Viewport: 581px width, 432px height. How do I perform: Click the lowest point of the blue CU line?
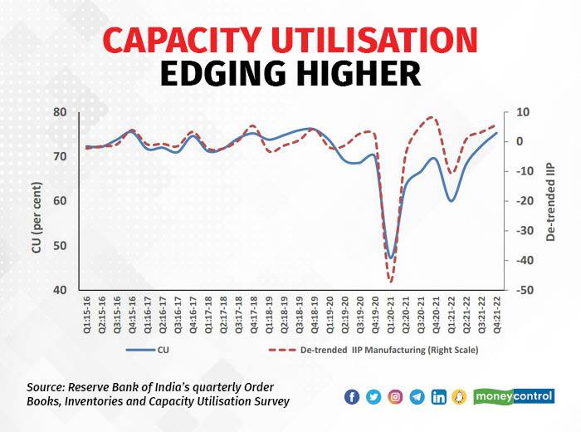[390, 258]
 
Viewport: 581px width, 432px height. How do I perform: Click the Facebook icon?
[351, 396]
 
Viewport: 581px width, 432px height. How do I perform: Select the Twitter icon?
[373, 396]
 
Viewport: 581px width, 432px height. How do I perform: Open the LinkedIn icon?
[439, 396]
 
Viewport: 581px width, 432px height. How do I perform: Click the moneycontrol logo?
[514, 396]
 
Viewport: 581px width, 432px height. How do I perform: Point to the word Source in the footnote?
[48, 387]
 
